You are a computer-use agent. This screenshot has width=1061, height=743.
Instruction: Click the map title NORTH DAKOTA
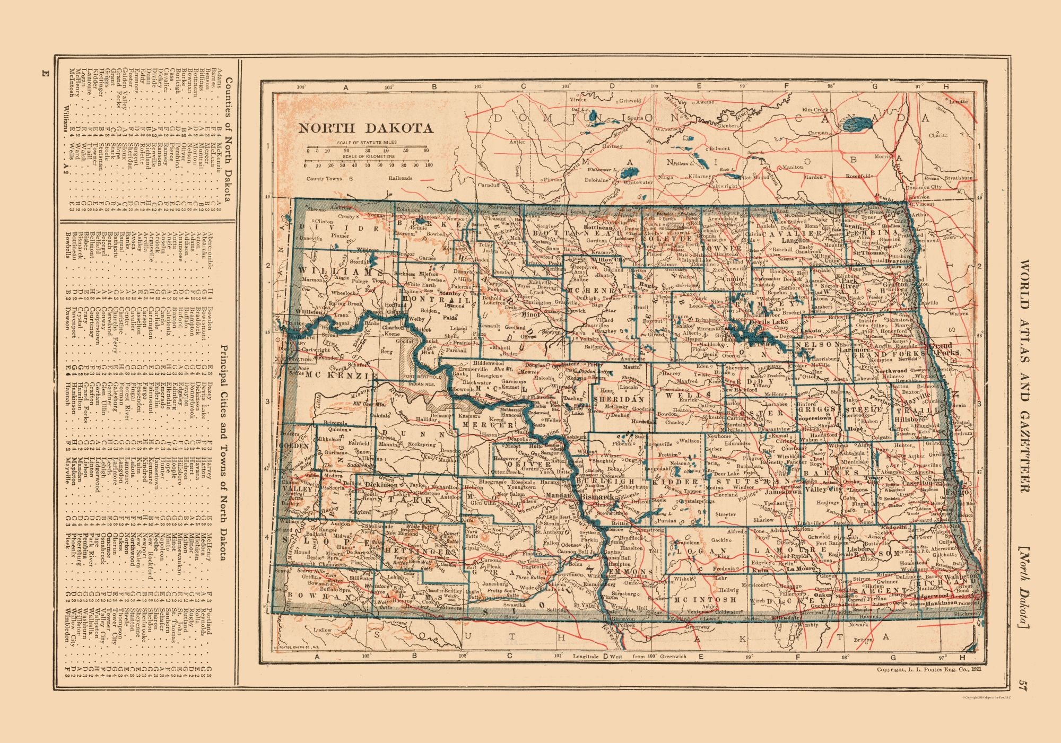[365, 128]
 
